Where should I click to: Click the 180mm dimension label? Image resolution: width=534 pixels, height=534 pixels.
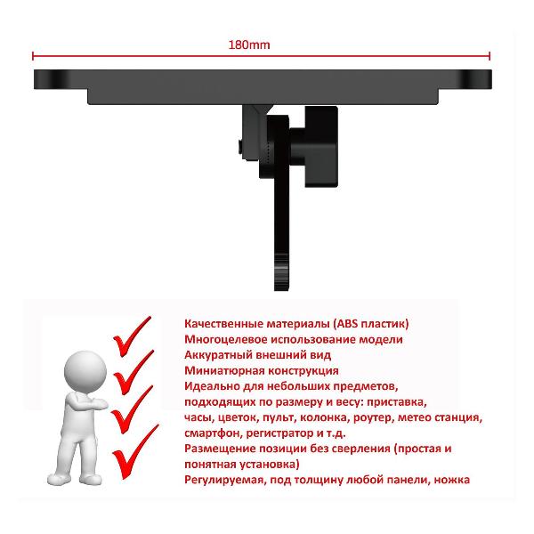tap(249, 44)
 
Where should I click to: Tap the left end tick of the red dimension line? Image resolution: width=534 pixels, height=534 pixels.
tap(33, 56)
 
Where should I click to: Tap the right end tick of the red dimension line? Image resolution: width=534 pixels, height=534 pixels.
tap(489, 56)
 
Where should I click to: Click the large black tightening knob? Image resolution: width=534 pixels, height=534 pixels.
tap(320, 147)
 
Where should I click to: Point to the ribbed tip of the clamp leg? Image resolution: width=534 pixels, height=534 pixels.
tap(281, 272)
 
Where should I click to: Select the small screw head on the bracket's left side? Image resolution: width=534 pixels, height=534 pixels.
tap(240, 146)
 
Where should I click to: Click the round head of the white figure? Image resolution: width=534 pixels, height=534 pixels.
tap(85, 371)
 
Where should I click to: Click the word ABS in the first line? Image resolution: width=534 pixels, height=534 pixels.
tap(347, 323)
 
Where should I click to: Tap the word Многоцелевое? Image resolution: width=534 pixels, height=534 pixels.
tap(226, 340)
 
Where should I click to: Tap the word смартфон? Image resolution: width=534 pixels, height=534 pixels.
tap(213, 433)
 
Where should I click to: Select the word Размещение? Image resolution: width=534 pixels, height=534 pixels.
tap(219, 449)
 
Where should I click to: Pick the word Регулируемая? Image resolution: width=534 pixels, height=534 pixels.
tap(225, 481)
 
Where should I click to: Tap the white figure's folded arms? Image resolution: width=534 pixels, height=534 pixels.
tap(88, 404)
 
